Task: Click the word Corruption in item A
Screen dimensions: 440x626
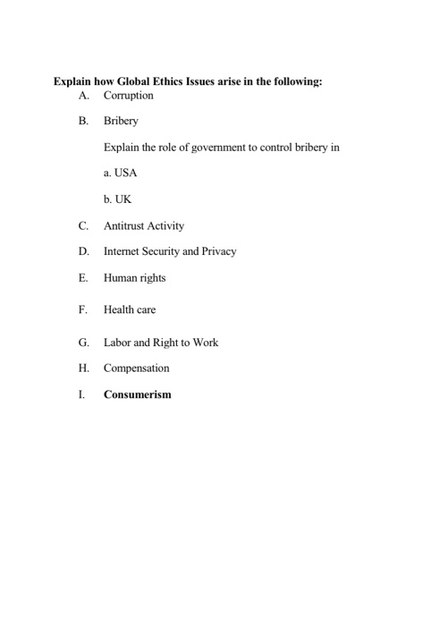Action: click(x=129, y=95)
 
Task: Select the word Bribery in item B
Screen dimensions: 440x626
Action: click(x=121, y=121)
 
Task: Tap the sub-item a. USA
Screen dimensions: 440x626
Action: click(x=120, y=173)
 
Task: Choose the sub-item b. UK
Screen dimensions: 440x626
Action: click(x=117, y=199)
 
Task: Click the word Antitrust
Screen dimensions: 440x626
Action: click(x=125, y=226)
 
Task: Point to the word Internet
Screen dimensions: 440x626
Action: click(x=124, y=251)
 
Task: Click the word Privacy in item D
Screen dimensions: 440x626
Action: click(x=217, y=251)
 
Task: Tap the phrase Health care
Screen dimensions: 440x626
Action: click(x=130, y=309)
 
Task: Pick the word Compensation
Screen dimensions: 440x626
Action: click(x=136, y=368)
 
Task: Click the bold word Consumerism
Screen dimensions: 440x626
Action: click(x=137, y=393)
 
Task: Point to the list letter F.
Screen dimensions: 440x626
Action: click(x=82, y=309)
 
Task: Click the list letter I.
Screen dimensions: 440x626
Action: click(x=81, y=393)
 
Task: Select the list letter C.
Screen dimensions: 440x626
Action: click(x=83, y=226)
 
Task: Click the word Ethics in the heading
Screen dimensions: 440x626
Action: click(x=175, y=81)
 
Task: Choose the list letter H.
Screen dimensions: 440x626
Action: click(x=83, y=368)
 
